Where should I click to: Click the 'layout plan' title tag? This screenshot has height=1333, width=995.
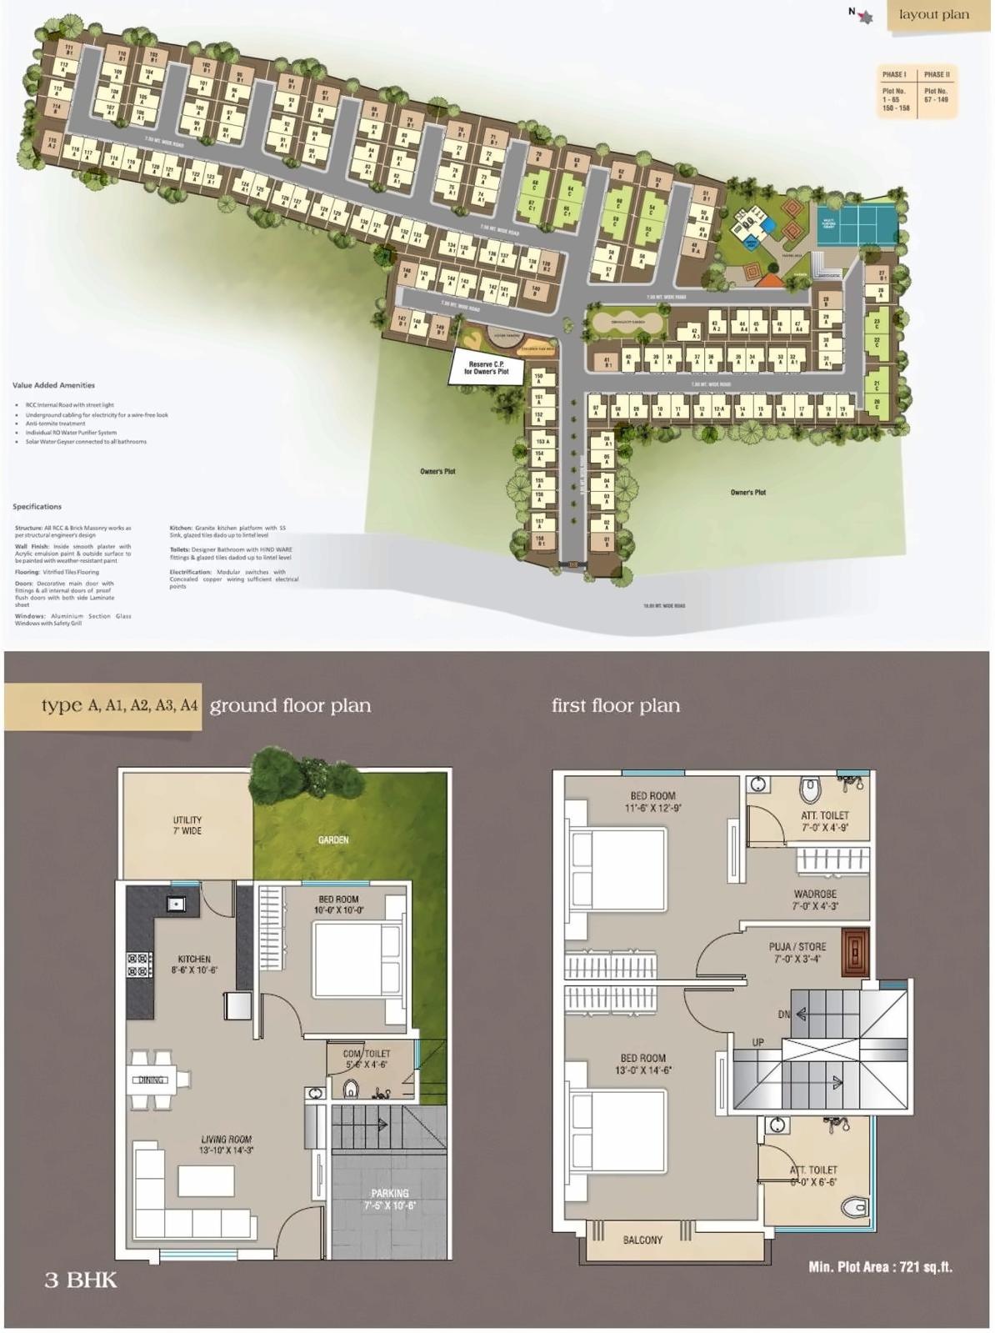(933, 14)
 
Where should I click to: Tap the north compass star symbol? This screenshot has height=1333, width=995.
(866, 16)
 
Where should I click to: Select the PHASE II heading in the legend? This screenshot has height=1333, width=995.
(936, 75)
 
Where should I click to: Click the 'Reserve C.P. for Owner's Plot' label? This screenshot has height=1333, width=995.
(486, 368)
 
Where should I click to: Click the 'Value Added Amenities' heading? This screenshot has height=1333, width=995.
(53, 385)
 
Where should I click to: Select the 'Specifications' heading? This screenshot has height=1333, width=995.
(37, 507)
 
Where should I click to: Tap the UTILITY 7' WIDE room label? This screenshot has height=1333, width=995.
(187, 825)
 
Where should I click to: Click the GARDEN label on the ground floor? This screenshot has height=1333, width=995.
(333, 839)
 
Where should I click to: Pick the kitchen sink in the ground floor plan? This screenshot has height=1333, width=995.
(177, 903)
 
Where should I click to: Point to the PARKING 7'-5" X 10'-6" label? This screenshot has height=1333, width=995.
(389, 1199)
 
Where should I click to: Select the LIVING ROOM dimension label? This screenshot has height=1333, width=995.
(226, 1145)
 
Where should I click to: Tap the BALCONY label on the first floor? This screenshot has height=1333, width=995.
(642, 1240)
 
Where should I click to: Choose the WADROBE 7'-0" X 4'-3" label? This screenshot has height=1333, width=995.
(815, 900)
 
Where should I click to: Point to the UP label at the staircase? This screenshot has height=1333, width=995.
(757, 1043)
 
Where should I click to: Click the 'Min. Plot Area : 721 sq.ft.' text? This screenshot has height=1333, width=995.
(880, 1266)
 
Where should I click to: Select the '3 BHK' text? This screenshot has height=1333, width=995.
(81, 1280)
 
